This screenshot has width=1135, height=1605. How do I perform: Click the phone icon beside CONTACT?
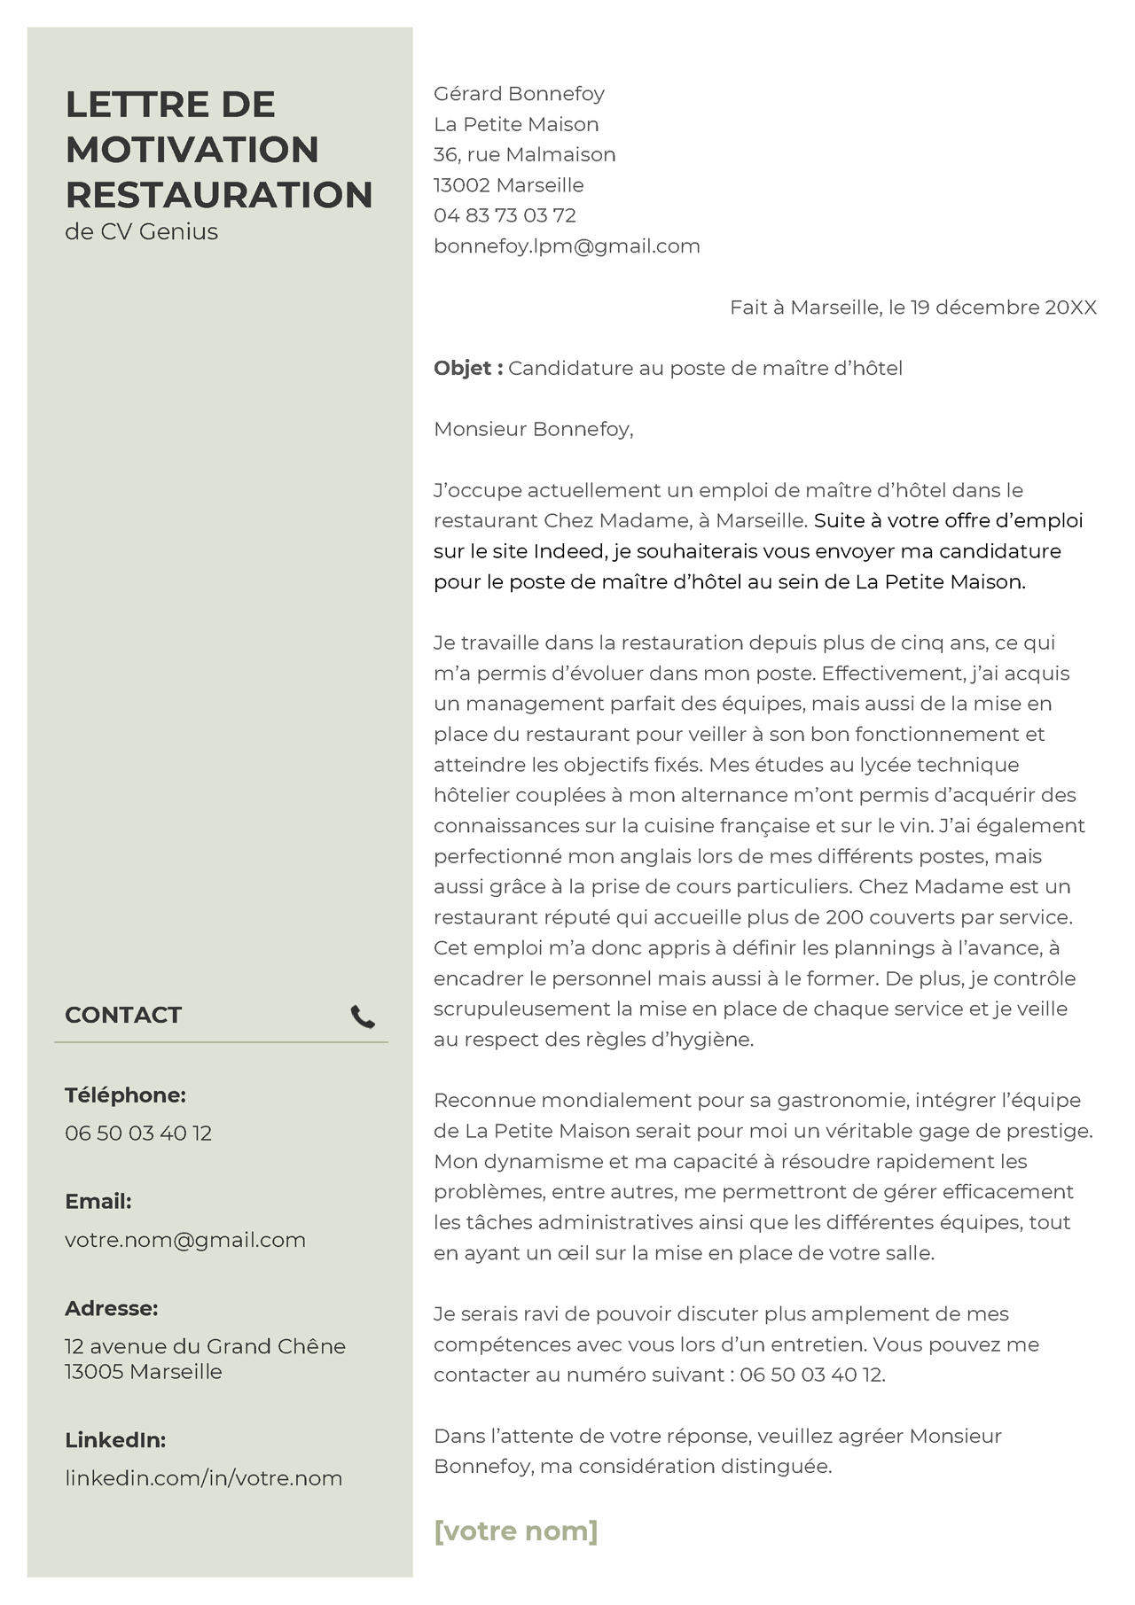click(363, 1017)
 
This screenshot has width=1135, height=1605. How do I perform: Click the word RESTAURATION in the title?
click(219, 195)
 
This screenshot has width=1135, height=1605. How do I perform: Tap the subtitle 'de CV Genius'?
click(141, 232)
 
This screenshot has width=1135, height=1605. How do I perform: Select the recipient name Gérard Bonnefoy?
click(519, 94)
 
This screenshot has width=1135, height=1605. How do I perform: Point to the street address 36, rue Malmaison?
click(524, 155)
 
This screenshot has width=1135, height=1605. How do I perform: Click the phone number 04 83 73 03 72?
click(505, 215)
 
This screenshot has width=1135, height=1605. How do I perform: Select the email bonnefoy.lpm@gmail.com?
click(567, 246)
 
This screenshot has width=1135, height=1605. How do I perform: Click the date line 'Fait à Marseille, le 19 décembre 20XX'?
click(912, 308)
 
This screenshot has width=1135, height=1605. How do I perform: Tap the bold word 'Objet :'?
click(468, 369)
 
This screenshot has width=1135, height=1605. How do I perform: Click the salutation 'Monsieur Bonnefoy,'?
click(533, 430)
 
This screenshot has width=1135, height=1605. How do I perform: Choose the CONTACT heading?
click(123, 1016)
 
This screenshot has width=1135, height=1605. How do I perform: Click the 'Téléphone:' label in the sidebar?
click(125, 1095)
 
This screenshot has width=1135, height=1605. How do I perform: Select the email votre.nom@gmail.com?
click(185, 1240)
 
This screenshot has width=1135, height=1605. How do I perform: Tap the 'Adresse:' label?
click(111, 1308)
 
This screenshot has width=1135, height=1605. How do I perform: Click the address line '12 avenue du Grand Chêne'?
click(205, 1346)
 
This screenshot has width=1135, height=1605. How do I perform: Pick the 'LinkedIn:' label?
click(115, 1440)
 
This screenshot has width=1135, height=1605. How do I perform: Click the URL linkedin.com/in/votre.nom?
click(203, 1478)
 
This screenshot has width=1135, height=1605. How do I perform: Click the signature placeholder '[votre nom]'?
click(515, 1531)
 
